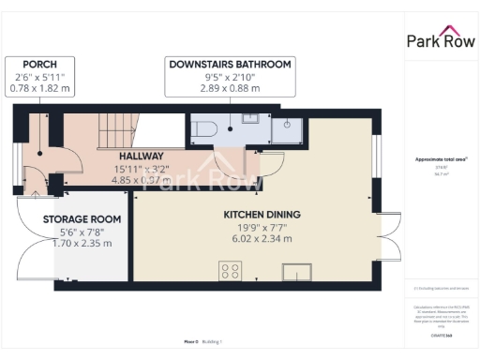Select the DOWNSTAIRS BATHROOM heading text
coord(229,64)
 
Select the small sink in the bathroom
coord(250,119)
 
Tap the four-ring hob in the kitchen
coord(229,271)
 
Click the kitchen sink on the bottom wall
coord(298,271)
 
